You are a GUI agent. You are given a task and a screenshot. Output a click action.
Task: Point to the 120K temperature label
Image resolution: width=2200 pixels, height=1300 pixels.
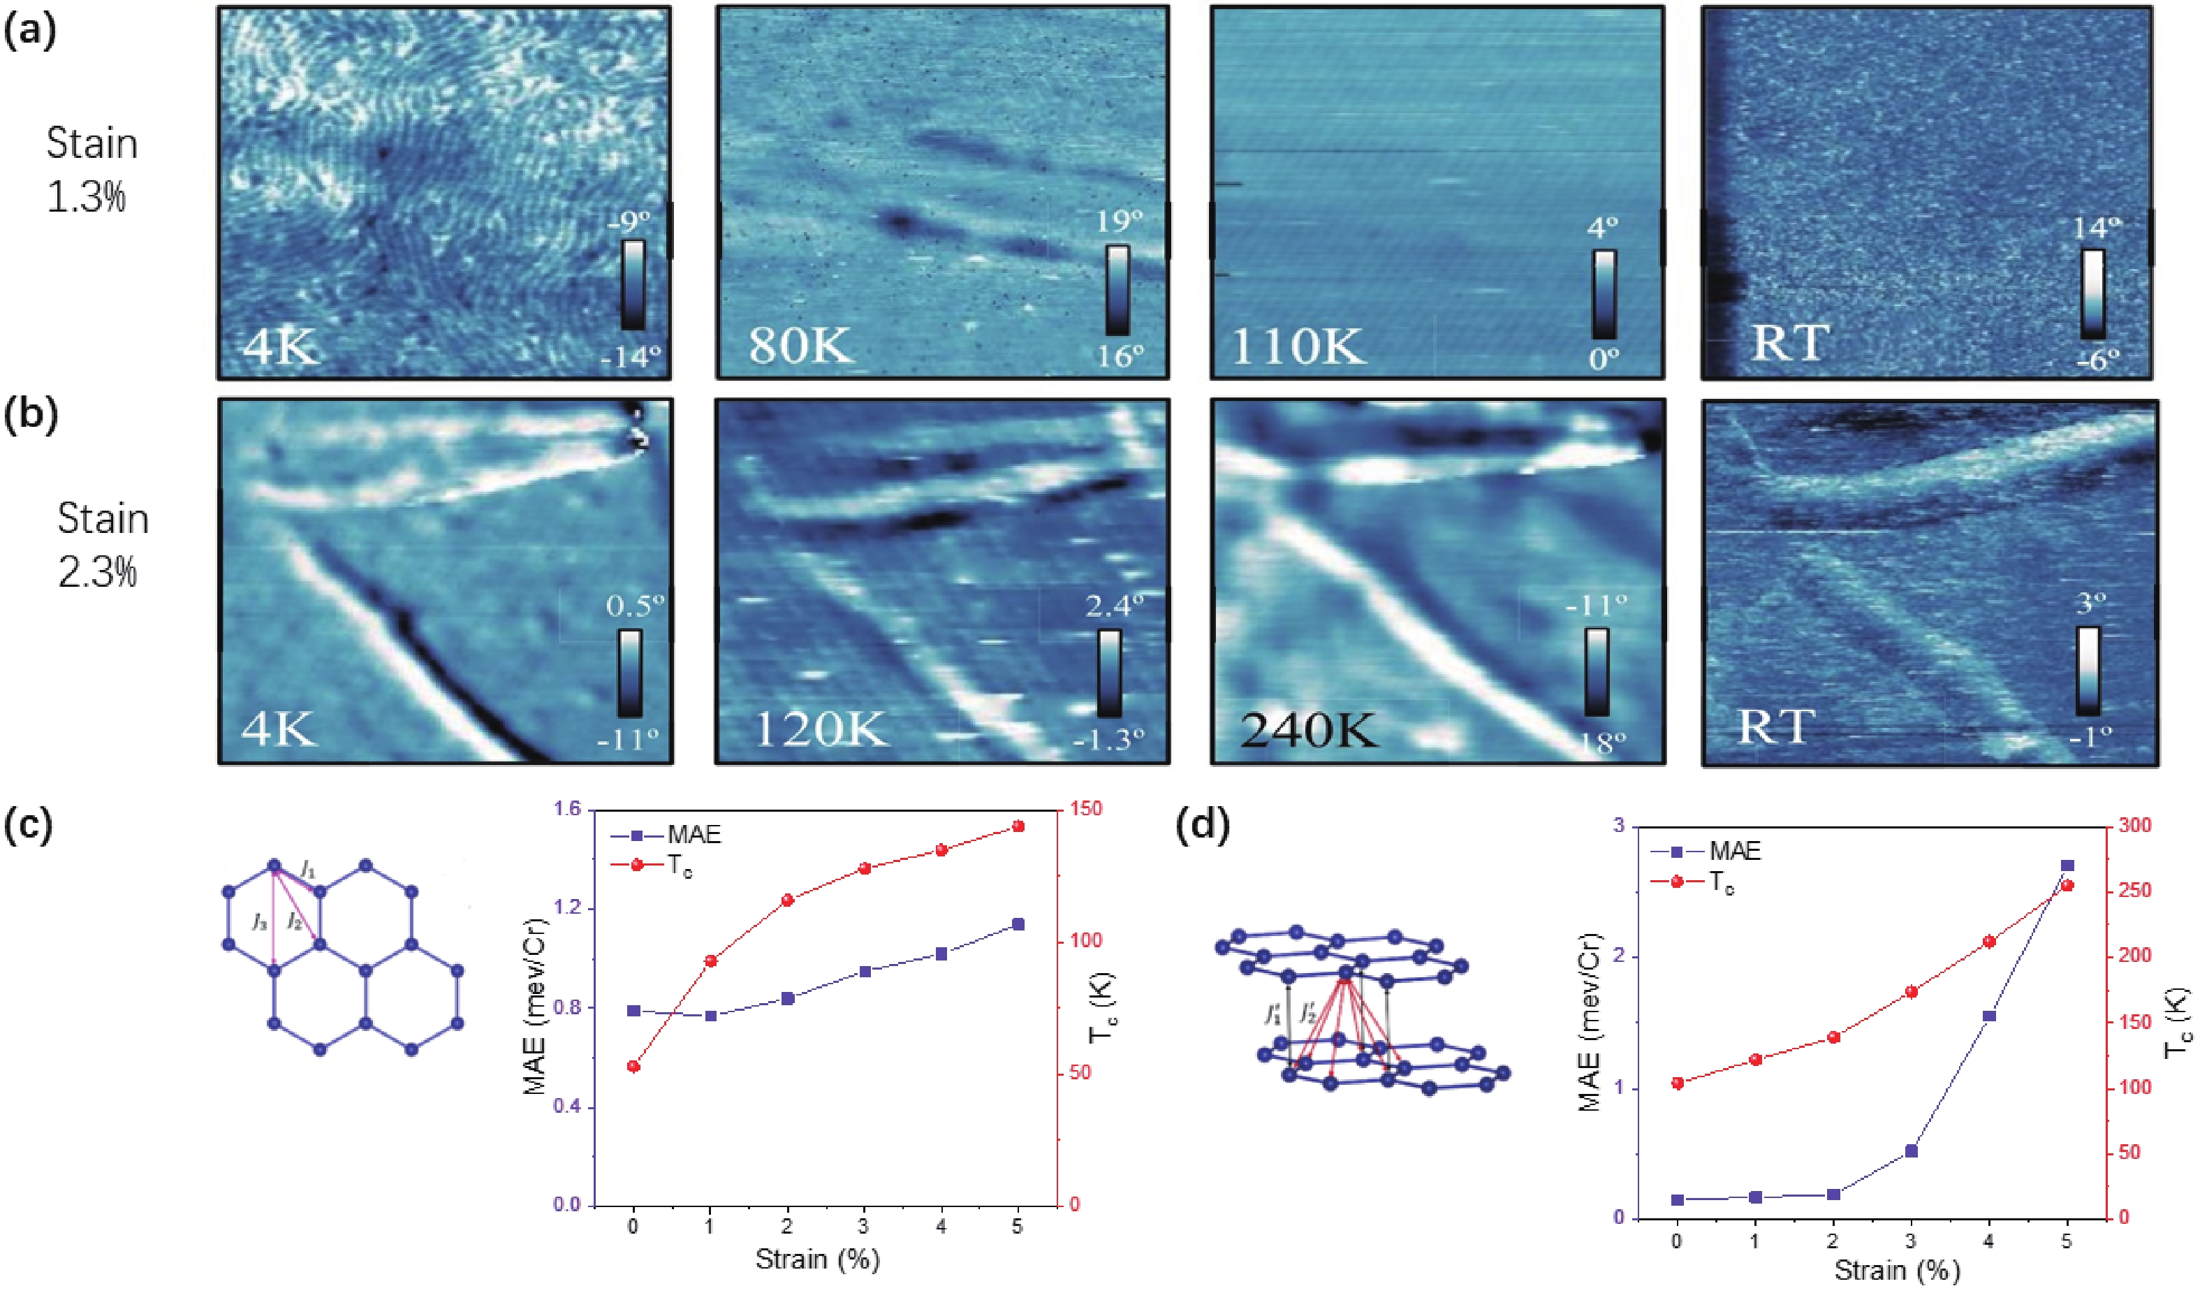(x=820, y=728)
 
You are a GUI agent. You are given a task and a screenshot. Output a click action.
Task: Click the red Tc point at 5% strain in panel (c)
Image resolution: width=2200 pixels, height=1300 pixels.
(x=1018, y=826)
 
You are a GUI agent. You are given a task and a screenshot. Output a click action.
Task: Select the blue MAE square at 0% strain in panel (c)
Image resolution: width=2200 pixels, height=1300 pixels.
(x=633, y=1010)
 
